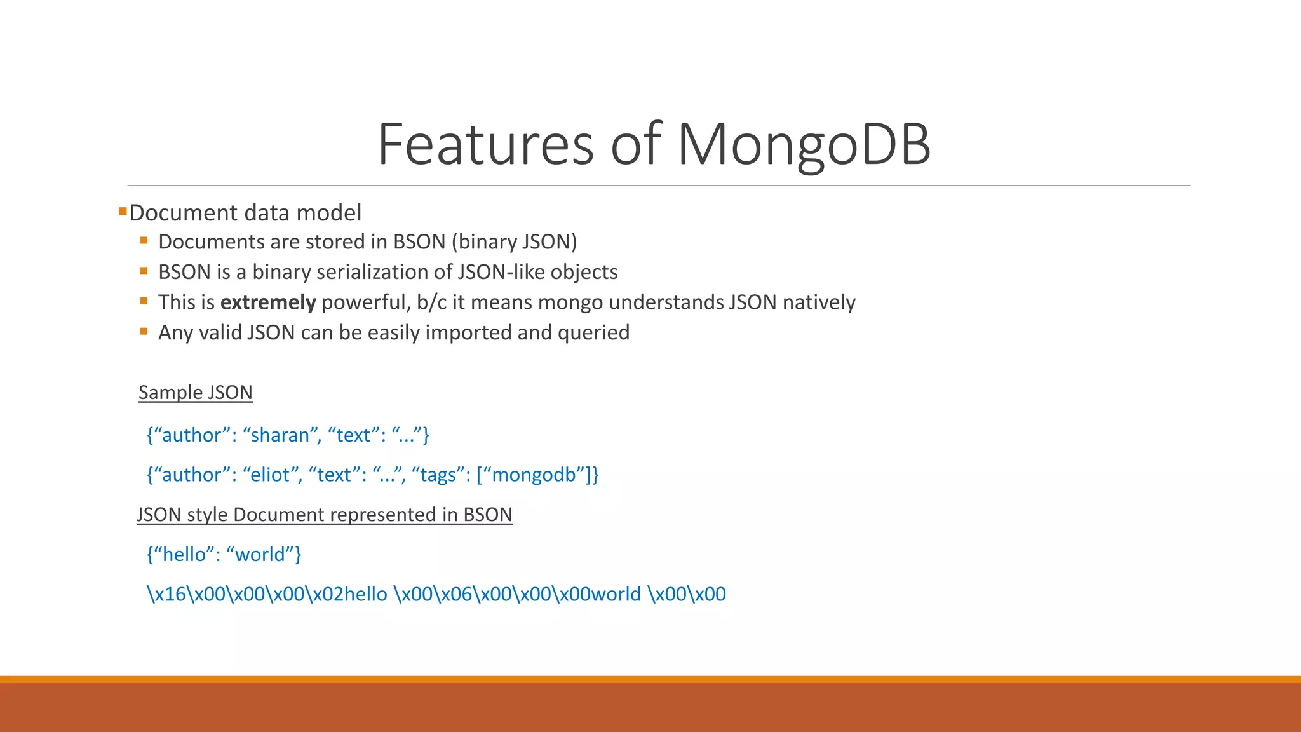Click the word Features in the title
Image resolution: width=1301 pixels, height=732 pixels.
tap(485, 145)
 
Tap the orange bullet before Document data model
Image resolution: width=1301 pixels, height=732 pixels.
tap(123, 210)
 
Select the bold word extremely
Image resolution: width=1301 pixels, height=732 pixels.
tap(267, 302)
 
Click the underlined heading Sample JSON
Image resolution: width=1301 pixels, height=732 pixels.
tap(196, 393)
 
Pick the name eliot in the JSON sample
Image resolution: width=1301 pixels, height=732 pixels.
tap(271, 475)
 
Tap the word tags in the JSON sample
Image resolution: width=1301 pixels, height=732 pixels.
tap(438, 475)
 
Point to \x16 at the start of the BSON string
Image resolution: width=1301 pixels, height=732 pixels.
tap(166, 594)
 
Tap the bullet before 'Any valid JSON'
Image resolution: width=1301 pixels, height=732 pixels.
tap(144, 331)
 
